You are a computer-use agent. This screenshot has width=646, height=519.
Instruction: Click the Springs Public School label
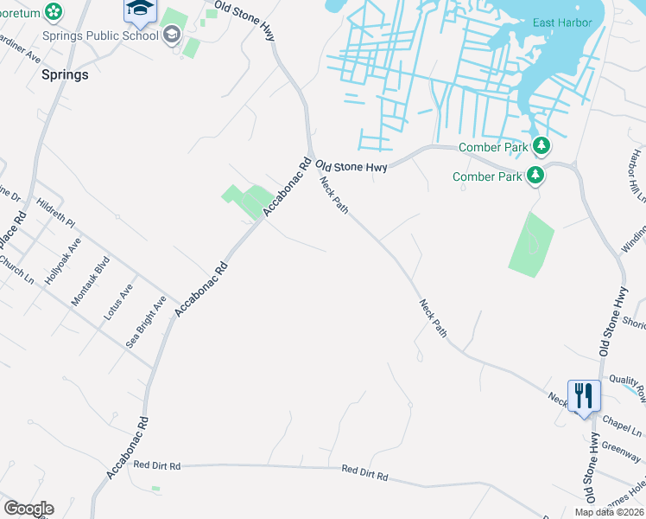click(101, 35)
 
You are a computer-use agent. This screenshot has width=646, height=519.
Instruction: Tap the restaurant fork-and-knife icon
click(584, 396)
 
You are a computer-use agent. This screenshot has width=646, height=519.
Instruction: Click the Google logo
click(28, 509)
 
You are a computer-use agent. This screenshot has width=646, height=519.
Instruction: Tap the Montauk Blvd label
click(92, 281)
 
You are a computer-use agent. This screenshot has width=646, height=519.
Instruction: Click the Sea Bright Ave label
click(145, 322)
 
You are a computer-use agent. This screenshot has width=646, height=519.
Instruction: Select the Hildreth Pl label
click(56, 214)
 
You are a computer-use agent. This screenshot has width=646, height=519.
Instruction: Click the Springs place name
click(65, 75)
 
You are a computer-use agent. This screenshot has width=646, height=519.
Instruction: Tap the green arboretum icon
click(54, 12)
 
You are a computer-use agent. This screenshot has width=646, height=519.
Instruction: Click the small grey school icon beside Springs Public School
click(172, 35)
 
